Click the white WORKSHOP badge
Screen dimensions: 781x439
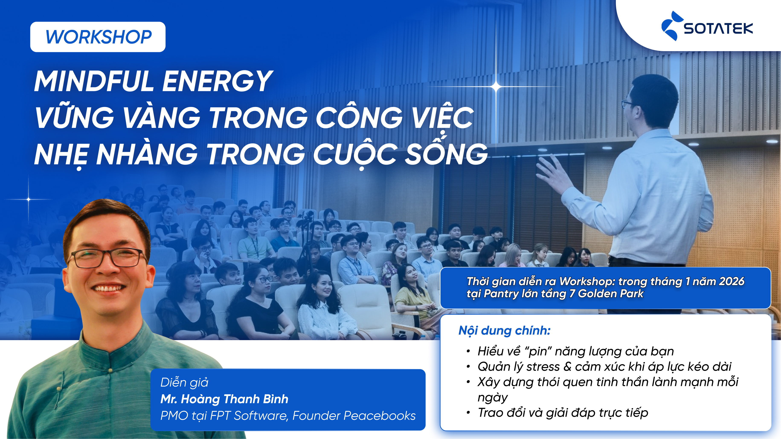click(x=98, y=37)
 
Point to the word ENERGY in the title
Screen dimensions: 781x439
click(x=217, y=81)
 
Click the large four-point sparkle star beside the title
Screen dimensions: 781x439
click(x=496, y=87)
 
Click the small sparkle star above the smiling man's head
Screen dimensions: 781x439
click(x=29, y=199)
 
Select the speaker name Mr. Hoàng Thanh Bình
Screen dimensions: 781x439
click(x=224, y=399)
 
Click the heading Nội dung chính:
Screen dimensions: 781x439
click(x=504, y=330)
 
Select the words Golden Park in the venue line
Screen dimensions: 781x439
click(x=611, y=294)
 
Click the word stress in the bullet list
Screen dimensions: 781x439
click(x=543, y=367)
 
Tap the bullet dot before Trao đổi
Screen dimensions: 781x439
click(x=468, y=413)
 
